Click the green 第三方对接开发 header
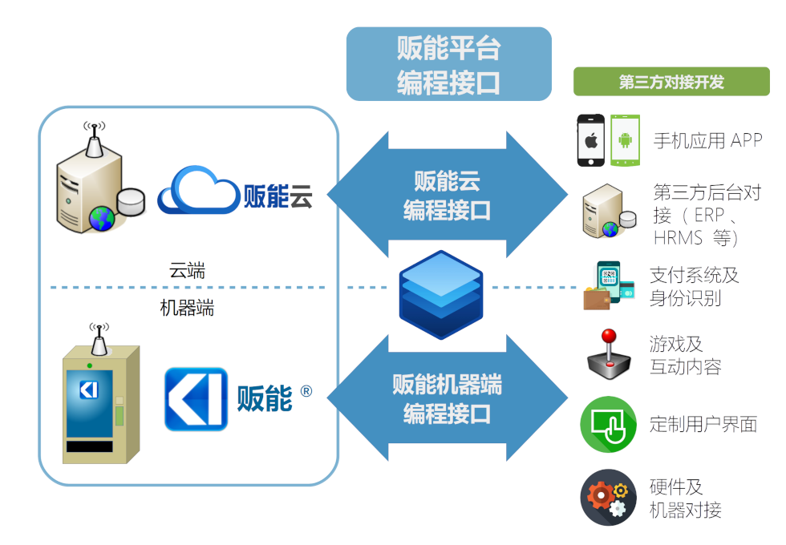[671, 82]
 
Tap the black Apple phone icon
[591, 140]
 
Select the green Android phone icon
[625, 140]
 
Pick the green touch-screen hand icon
[608, 424]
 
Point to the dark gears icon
[608, 497]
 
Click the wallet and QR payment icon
[609, 286]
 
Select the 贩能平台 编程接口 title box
[448, 64]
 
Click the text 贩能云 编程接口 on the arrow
[447, 195]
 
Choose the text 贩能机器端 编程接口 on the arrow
[447, 398]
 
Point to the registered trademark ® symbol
[306, 391]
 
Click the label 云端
[188, 270]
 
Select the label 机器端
[188, 308]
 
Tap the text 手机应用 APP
[707, 140]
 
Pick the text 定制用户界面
[703, 424]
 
